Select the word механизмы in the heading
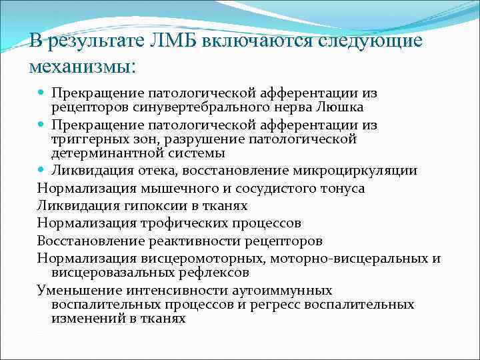(x=79, y=66)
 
